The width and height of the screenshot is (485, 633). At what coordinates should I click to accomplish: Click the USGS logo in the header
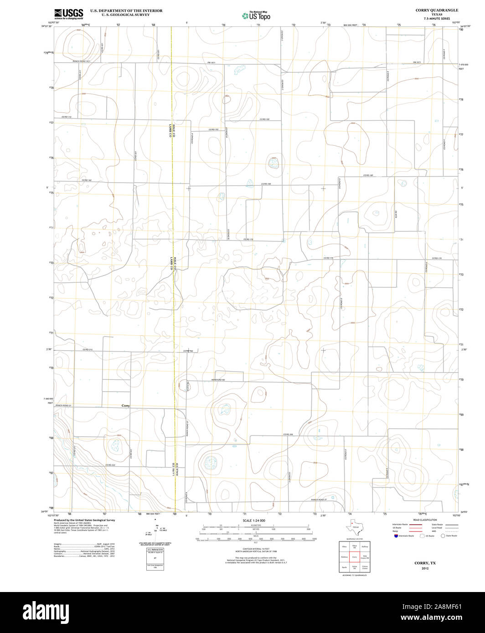coord(68,14)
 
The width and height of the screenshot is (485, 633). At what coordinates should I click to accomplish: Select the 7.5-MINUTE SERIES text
coord(437,19)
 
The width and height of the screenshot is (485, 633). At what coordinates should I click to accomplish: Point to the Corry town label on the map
coord(125,405)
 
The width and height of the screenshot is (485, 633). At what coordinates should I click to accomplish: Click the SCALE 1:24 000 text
coord(254,520)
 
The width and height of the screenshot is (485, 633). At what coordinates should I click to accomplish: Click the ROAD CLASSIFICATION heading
coord(425,520)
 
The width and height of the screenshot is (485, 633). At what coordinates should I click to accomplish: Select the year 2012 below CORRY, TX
coord(425,569)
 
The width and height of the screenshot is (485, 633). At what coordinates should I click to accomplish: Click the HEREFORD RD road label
coord(219,380)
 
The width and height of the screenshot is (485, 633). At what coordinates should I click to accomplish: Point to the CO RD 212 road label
coord(88,349)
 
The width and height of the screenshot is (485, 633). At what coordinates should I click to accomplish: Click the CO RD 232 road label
coord(110,465)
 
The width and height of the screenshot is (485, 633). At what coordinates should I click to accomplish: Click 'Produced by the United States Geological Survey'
coord(84,520)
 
